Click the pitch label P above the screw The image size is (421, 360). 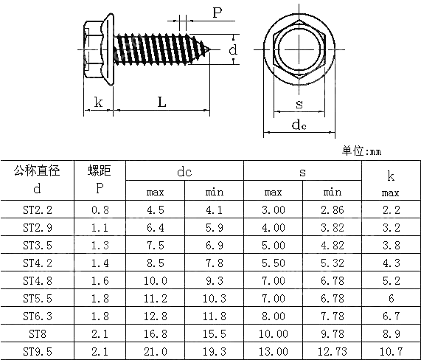pyautogui.click(x=218, y=13)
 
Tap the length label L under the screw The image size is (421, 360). pyautogui.click(x=161, y=103)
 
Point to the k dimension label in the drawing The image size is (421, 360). pyautogui.click(x=98, y=103)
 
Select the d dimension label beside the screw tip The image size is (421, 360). pyautogui.click(x=232, y=50)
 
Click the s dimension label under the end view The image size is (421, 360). pyautogui.click(x=299, y=103)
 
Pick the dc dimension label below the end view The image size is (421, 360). pyautogui.click(x=299, y=125)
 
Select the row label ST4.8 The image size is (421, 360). pyautogui.click(x=38, y=280)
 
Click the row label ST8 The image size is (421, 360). pyautogui.click(x=38, y=333)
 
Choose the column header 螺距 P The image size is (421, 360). pyautogui.click(x=100, y=179)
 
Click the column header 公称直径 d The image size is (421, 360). pyautogui.click(x=38, y=179)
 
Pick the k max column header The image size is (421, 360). pyautogui.click(x=390, y=183)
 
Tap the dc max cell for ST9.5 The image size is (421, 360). pyautogui.click(x=155, y=350)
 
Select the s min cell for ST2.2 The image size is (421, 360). pyautogui.click(x=332, y=210)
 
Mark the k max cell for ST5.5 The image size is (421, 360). pyautogui.click(x=390, y=298)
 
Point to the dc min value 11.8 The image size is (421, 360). pyautogui.click(x=214, y=316)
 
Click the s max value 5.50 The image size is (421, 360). pyautogui.click(x=273, y=263)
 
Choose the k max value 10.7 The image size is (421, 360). pyautogui.click(x=390, y=350)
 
